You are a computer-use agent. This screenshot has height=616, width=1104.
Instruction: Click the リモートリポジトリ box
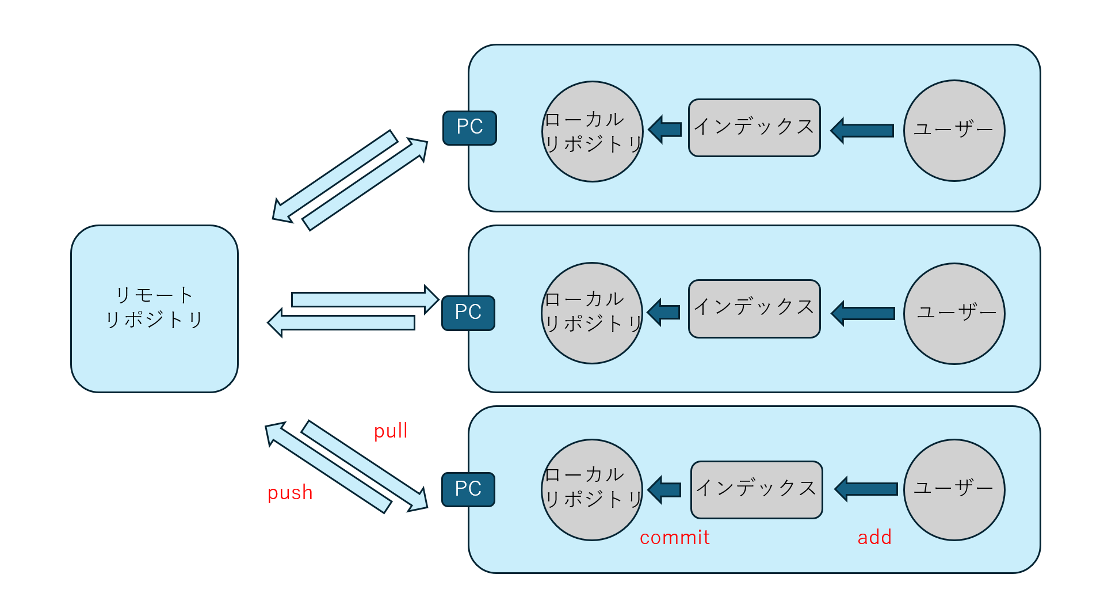point(154,309)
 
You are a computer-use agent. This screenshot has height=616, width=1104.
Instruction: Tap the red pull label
point(391,431)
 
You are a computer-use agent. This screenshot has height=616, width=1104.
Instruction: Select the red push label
point(290,493)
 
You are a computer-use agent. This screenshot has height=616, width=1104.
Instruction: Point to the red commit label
point(674,538)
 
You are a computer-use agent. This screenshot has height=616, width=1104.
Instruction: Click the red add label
point(874,538)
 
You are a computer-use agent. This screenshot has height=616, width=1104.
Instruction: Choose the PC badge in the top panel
point(469,128)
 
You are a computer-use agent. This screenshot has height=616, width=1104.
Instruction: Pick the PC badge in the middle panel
point(468,313)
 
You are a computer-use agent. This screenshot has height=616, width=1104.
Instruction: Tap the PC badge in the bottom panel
point(468,489)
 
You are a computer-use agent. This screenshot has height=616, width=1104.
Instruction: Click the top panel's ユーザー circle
point(954,131)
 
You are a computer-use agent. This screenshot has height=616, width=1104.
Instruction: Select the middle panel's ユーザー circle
point(954,314)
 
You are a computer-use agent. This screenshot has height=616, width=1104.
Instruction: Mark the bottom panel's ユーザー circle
point(954,490)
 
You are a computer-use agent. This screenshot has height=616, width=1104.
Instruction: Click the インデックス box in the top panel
point(754,128)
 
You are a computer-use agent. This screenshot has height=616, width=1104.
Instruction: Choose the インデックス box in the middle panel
point(754,309)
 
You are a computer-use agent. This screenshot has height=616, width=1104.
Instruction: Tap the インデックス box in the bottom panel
point(757,489)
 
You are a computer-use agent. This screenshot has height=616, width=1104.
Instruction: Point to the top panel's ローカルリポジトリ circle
point(592,131)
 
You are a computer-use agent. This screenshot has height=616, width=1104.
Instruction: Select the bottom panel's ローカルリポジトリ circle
point(592,490)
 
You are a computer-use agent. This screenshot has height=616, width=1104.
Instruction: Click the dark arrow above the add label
point(866,489)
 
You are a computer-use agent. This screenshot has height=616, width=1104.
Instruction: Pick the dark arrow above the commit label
point(665,489)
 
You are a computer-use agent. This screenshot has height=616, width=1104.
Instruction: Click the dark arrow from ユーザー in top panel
point(862,131)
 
